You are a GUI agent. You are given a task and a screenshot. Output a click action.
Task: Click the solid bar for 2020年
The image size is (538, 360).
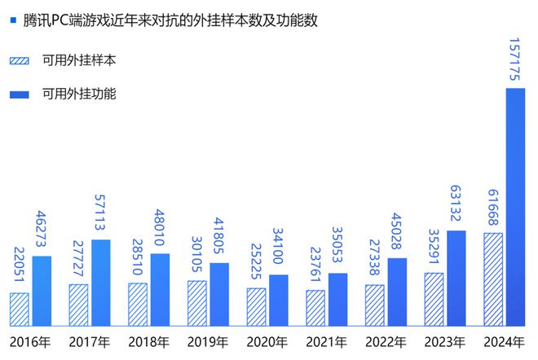[279, 300]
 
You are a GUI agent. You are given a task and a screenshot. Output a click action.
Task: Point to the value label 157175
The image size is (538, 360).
[516, 59]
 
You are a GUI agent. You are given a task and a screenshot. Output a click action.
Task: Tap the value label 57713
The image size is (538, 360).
[101, 212]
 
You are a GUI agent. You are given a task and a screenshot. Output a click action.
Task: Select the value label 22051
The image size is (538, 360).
[20, 265]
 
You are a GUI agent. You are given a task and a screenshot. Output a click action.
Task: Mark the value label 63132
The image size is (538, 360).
[456, 203]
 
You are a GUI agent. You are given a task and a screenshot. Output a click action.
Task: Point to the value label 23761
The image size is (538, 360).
[315, 262]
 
